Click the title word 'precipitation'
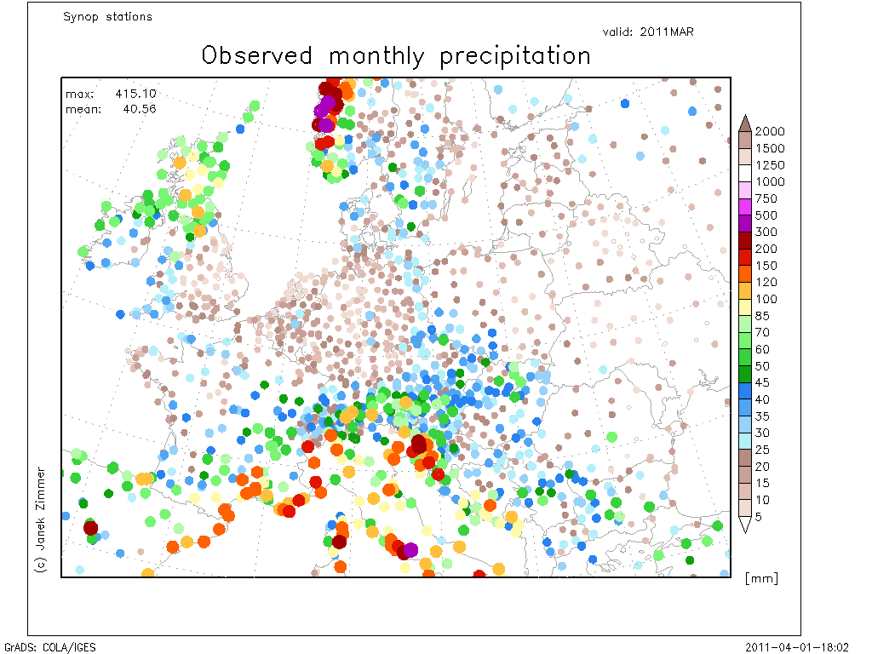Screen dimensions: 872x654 click(515, 57)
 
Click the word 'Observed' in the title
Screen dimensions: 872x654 click(257, 55)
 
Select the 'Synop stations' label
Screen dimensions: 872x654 click(107, 17)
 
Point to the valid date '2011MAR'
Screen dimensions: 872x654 click(667, 32)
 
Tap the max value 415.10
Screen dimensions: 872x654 click(135, 94)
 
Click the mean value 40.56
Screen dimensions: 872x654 click(140, 109)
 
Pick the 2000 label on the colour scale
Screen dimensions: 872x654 click(770, 131)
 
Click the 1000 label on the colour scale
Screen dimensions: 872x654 click(770, 181)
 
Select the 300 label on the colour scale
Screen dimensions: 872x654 click(766, 232)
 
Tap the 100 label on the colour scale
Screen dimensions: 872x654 click(766, 299)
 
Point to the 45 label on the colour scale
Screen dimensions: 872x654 click(762, 382)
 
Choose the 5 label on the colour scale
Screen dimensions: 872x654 click(758, 517)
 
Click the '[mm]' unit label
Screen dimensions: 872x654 click(761, 578)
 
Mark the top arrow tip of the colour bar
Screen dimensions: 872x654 click(745, 115)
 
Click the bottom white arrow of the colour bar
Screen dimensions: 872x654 click(745, 525)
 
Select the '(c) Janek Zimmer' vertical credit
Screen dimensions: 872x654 click(41, 520)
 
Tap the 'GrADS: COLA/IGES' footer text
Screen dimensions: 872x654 click(50, 647)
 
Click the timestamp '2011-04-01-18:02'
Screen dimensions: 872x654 click(797, 647)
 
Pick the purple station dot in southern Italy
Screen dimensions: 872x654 click(410, 550)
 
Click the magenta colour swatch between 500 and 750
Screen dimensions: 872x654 click(745, 207)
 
